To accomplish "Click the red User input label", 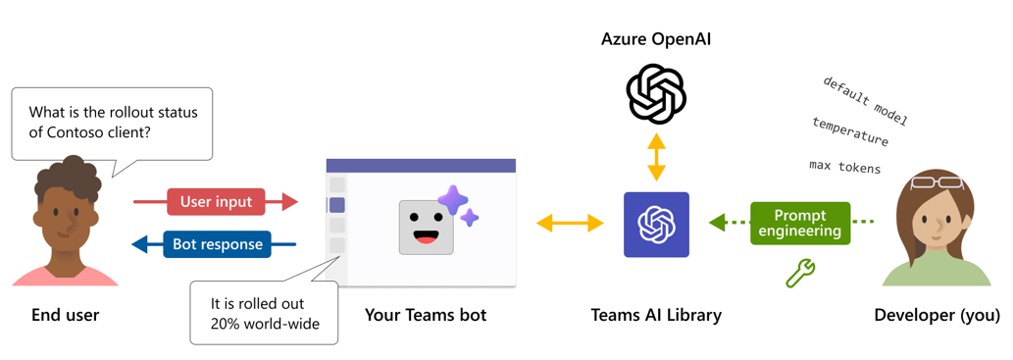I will (x=216, y=202).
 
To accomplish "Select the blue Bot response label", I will (x=217, y=244).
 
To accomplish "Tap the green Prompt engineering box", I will (x=800, y=223).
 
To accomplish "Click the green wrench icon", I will (x=800, y=274).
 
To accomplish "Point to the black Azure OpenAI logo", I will (x=656, y=94).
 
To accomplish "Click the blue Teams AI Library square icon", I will (x=656, y=225).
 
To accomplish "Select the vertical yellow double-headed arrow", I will (x=656, y=157).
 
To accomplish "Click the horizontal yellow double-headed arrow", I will (x=570, y=224).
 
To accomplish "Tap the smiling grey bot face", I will (x=426, y=228).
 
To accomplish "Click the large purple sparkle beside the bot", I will (x=453, y=201).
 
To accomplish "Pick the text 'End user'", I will (x=66, y=315).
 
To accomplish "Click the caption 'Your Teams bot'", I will (x=425, y=315).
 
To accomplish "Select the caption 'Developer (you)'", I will (x=937, y=315).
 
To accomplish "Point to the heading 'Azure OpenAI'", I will (x=656, y=38).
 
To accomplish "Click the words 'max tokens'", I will (x=844, y=167).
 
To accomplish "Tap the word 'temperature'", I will (x=849, y=131).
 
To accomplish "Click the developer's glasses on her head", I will (x=937, y=181).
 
